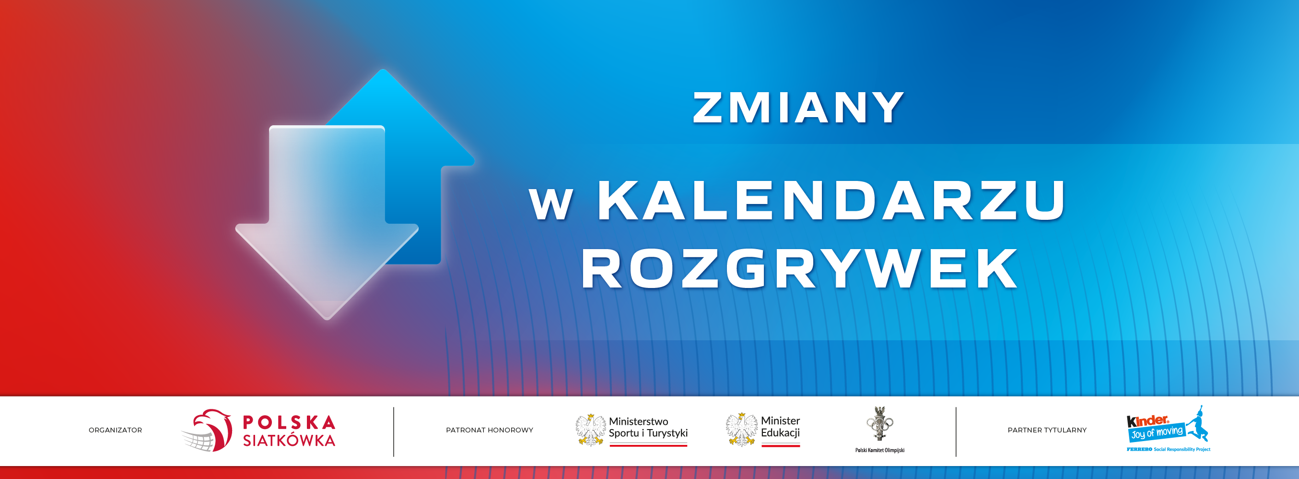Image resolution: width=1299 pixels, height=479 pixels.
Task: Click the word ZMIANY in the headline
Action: [x=798, y=108]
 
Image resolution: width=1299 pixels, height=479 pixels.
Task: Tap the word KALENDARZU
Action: [x=831, y=200]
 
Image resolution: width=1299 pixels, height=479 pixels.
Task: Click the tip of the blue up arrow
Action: [x=383, y=70]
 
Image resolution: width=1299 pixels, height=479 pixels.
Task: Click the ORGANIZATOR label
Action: [x=116, y=430]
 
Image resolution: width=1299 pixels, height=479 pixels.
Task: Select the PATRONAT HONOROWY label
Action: [x=489, y=430]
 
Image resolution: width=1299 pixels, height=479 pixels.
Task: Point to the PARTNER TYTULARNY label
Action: [x=1047, y=430]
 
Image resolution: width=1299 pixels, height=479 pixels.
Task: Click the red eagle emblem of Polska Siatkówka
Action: [x=207, y=430]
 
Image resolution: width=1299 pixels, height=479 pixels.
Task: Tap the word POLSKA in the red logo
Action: [x=289, y=422]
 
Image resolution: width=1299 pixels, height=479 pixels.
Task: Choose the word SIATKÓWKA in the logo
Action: [x=289, y=440]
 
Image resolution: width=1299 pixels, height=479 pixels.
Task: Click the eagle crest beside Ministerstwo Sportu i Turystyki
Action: [x=591, y=430]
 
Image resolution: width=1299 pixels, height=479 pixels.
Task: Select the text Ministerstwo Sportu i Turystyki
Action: [x=648, y=427]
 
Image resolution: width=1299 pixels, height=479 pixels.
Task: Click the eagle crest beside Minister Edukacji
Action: [x=742, y=430]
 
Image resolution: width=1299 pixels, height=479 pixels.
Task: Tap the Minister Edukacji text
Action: [x=781, y=427]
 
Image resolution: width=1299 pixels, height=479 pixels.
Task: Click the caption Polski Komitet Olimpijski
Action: [x=880, y=450]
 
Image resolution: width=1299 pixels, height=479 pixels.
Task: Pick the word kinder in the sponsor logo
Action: [x=1148, y=420]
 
